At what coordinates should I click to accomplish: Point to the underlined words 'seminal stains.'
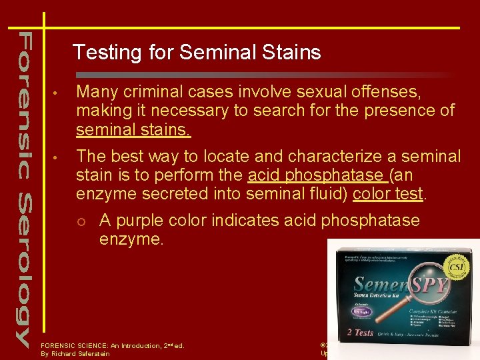(x=133, y=129)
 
